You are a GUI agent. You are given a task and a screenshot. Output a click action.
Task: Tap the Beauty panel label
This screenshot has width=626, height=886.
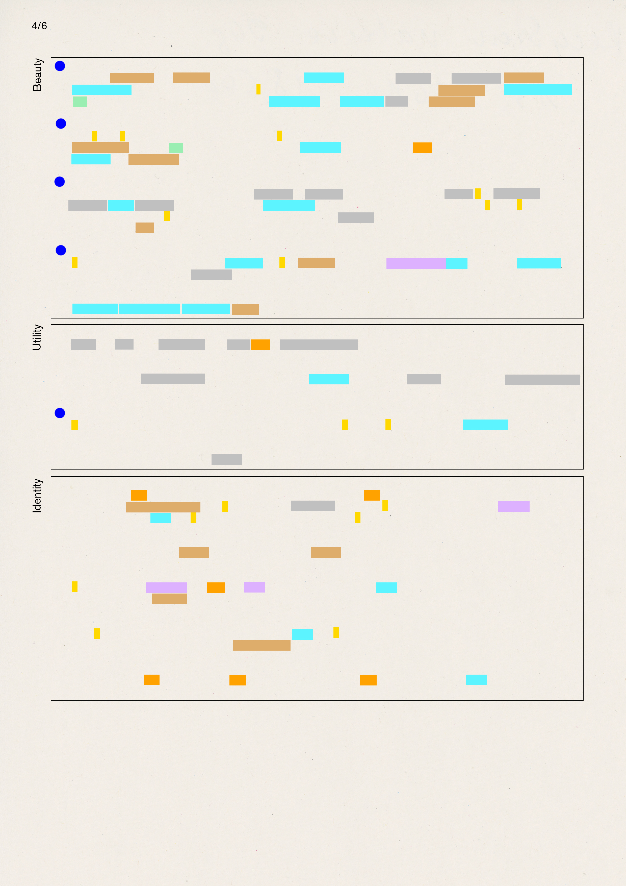37,75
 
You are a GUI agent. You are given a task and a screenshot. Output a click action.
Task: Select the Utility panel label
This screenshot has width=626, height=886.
37,337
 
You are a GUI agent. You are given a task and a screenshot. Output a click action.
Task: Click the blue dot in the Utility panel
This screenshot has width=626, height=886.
60,413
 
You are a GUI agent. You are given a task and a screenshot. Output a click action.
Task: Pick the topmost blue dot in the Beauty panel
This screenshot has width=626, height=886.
60,66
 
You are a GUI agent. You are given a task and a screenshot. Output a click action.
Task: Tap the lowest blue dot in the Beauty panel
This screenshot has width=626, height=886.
61,250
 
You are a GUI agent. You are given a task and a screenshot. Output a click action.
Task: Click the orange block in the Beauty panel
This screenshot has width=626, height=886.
422,148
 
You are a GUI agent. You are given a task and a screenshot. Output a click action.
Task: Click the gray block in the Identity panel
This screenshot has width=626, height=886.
312,506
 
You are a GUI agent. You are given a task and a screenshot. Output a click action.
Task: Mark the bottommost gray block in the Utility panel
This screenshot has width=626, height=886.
226,460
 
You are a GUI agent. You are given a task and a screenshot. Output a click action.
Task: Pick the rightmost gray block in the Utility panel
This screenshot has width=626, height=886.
542,380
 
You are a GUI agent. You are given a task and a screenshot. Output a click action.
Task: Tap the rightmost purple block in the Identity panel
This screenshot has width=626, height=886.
513,507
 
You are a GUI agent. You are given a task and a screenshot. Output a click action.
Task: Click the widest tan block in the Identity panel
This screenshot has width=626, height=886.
163,507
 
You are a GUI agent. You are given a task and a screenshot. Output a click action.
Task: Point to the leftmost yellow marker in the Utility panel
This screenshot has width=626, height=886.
74,425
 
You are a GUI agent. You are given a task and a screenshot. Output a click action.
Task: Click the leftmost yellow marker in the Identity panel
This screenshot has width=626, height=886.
74,586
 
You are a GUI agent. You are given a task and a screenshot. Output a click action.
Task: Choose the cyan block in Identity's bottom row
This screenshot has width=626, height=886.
476,680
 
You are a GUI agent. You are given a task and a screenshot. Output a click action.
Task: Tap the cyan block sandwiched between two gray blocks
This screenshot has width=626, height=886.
121,206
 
